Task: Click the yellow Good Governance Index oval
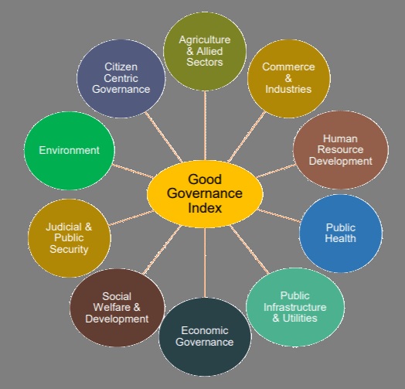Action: (205, 194)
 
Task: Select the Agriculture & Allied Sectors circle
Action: (205, 51)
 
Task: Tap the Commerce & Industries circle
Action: (289, 78)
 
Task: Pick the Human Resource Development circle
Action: (341, 150)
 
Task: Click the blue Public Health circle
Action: (341, 234)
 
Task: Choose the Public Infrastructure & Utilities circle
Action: (295, 307)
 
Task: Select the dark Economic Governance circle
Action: (205, 336)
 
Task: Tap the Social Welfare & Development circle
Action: (117, 308)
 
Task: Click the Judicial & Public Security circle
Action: (70, 238)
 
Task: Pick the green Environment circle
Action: (70, 151)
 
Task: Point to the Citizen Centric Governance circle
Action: (121, 78)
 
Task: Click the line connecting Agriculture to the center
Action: (205, 125)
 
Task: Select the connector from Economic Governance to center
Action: (205, 262)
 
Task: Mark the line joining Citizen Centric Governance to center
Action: (164, 137)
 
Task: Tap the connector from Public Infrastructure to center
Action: (249, 250)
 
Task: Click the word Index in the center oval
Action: (205, 208)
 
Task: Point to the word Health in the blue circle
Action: (340, 238)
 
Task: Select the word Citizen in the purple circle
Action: (121, 67)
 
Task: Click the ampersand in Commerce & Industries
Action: (288, 78)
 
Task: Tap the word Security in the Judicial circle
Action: (69, 250)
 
